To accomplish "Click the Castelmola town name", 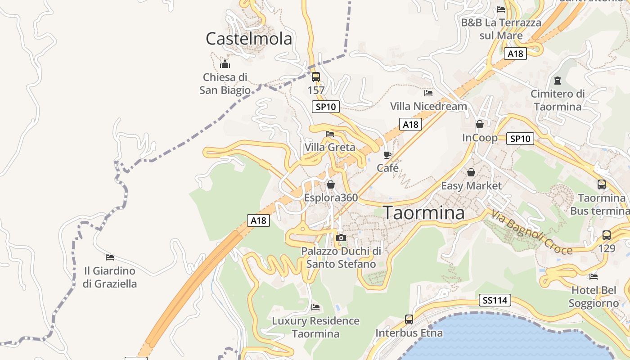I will click(249, 39).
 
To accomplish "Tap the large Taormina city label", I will click(423, 212).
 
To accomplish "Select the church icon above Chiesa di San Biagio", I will click(225, 64).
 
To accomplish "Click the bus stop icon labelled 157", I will click(316, 76).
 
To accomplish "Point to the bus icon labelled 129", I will click(607, 235).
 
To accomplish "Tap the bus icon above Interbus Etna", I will click(409, 319).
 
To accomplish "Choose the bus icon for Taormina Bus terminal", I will click(602, 184).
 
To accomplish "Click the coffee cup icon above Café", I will click(387, 155).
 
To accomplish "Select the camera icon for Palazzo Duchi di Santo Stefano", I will click(341, 237).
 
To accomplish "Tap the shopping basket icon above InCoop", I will click(480, 124).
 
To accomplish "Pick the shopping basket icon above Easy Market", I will click(471, 172).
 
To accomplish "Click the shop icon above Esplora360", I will click(331, 184).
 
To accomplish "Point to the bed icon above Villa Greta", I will click(330, 134).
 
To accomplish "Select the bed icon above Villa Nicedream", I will click(428, 93).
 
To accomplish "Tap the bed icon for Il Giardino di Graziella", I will click(110, 257).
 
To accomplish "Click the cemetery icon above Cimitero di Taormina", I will click(558, 81).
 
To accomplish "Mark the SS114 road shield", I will click(495, 300).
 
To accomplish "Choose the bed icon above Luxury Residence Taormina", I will click(315, 307).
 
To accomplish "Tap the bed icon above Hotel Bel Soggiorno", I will click(594, 276).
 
